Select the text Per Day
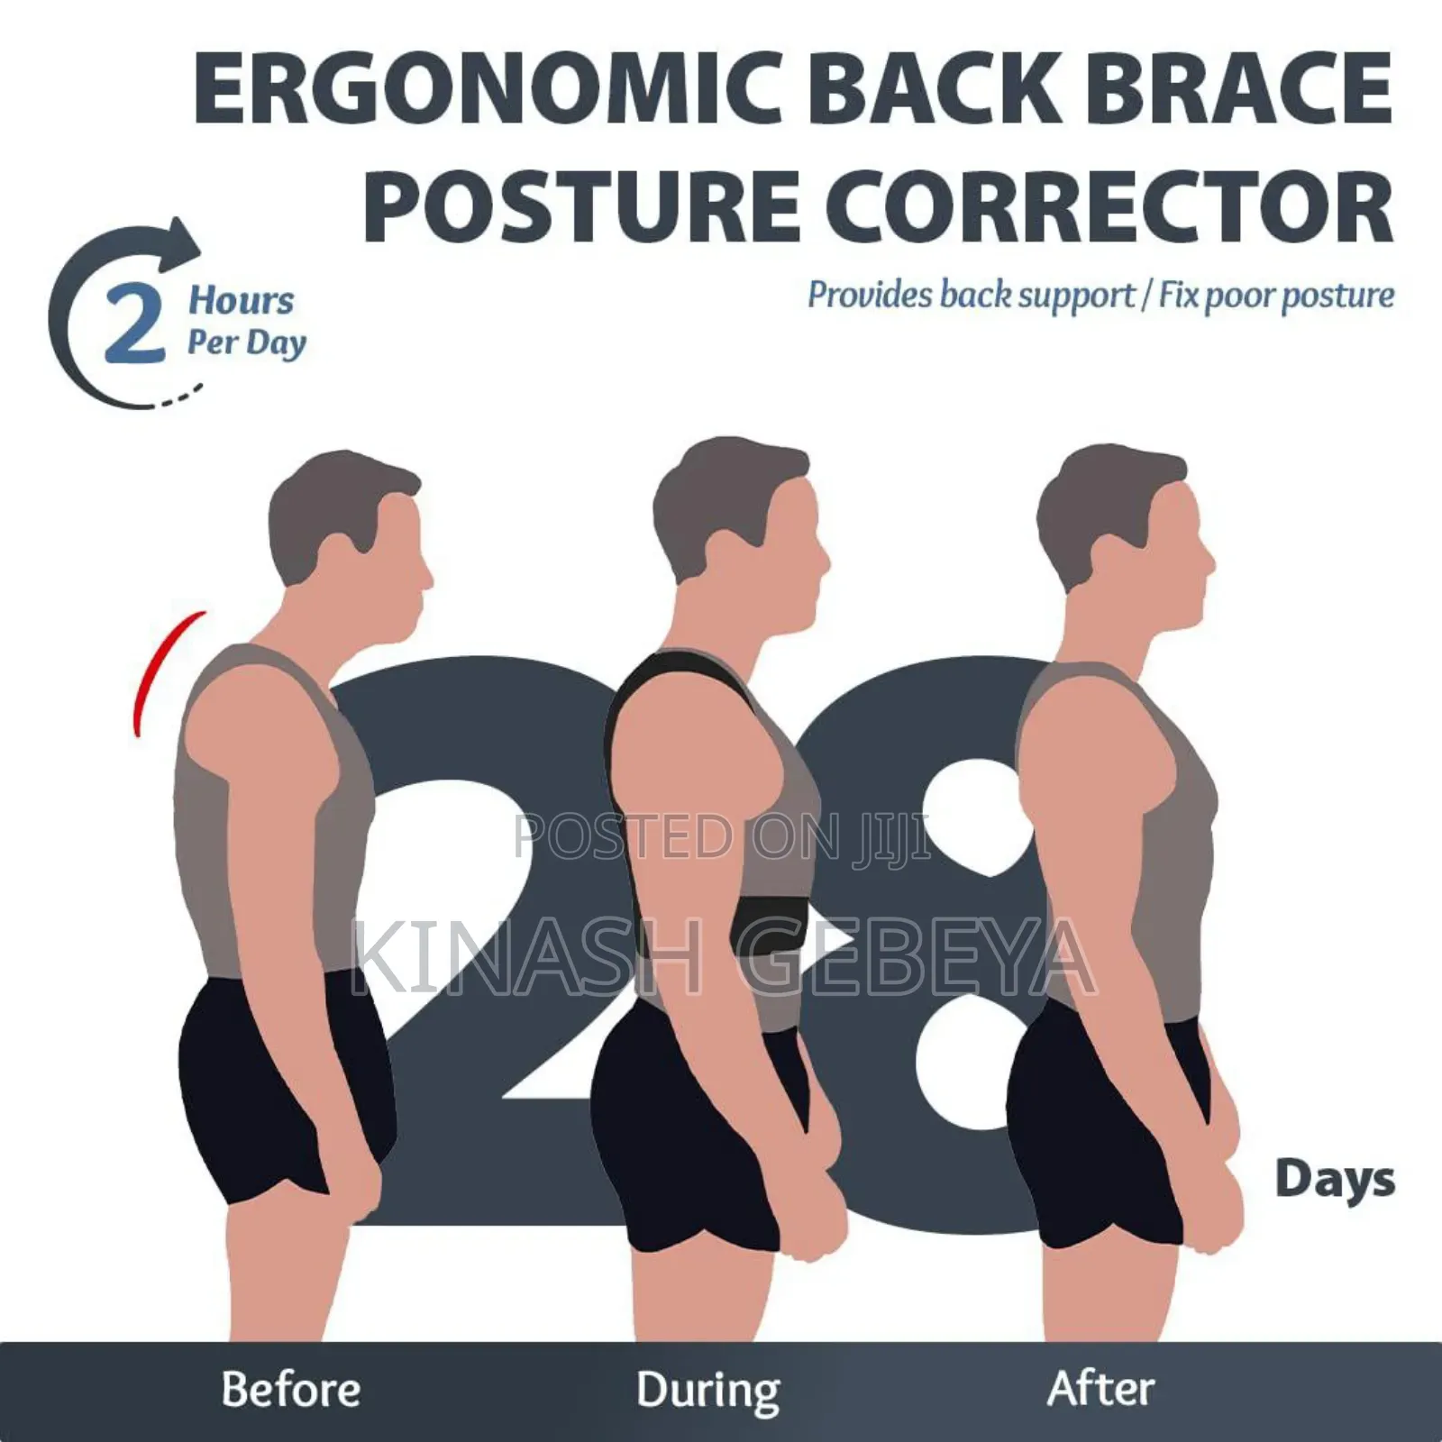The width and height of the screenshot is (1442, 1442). coord(246,342)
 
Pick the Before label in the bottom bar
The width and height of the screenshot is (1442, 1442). coord(290,1389)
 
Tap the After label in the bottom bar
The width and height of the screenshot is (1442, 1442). coord(1100,1389)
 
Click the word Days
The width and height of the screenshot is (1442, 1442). coord(1335,1180)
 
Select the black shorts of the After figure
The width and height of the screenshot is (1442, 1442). coord(1100,1127)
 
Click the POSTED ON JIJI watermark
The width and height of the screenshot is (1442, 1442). coord(721,836)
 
